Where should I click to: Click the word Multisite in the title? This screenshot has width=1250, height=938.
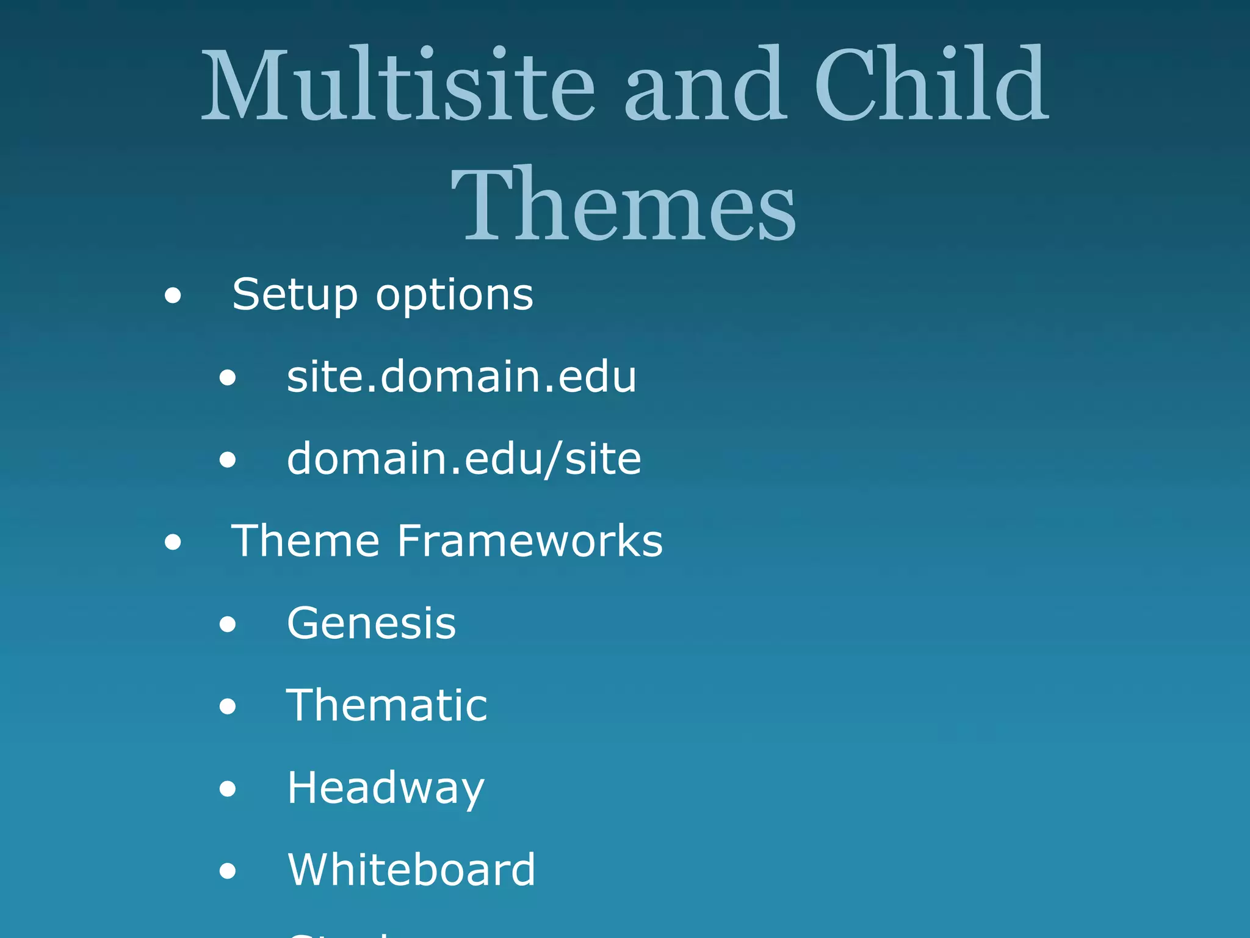tap(398, 84)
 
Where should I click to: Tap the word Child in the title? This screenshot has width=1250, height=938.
tap(931, 84)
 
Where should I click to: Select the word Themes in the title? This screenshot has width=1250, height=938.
tap(624, 204)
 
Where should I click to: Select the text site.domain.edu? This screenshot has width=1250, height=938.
tap(461, 377)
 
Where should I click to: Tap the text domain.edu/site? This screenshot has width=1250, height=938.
tap(464, 459)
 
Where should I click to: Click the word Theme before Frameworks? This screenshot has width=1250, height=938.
tap(305, 541)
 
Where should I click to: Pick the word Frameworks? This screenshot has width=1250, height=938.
tap(530, 541)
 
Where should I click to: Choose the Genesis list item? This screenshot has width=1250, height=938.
tap(371, 624)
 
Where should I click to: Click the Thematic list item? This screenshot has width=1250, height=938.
tap(387, 705)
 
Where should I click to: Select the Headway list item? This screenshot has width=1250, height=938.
tap(386, 788)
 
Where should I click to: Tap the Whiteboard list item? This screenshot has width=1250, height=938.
tap(411, 870)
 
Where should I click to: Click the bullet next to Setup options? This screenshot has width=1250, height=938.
tap(173, 296)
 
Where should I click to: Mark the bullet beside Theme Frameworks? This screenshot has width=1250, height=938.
tap(173, 542)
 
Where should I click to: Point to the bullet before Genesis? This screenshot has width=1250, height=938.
tap(228, 624)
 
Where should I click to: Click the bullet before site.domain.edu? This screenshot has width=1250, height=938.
tap(228, 378)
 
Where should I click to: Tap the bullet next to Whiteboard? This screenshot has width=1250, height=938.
tap(228, 871)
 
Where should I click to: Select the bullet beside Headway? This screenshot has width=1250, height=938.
tap(228, 788)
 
